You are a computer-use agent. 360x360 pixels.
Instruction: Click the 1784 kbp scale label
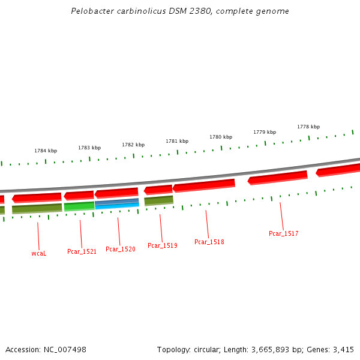click(46, 151)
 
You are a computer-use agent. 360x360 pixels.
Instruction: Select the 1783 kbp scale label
click(89, 148)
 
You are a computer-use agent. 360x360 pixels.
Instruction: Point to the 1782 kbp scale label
click(133, 145)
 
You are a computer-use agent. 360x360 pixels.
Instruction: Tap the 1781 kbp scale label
click(177, 141)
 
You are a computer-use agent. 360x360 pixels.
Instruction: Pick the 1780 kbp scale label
click(221, 137)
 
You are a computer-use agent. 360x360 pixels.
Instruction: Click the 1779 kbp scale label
click(265, 132)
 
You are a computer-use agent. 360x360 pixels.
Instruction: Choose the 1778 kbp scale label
click(308, 127)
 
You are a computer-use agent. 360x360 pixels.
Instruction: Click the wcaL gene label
click(39, 253)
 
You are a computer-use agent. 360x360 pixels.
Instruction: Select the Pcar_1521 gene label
click(82, 251)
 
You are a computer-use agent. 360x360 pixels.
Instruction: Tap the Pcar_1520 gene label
click(121, 249)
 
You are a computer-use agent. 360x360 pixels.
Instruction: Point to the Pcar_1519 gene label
click(163, 245)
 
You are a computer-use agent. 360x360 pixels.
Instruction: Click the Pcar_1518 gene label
click(209, 242)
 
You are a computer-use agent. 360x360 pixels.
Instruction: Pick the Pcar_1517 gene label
click(284, 233)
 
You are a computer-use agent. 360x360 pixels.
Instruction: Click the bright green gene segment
click(79, 206)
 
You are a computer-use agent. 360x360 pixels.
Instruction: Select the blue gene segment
click(117, 204)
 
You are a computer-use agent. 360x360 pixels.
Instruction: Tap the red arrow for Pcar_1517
click(278, 177)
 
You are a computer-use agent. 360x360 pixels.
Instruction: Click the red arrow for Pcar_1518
click(204, 185)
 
